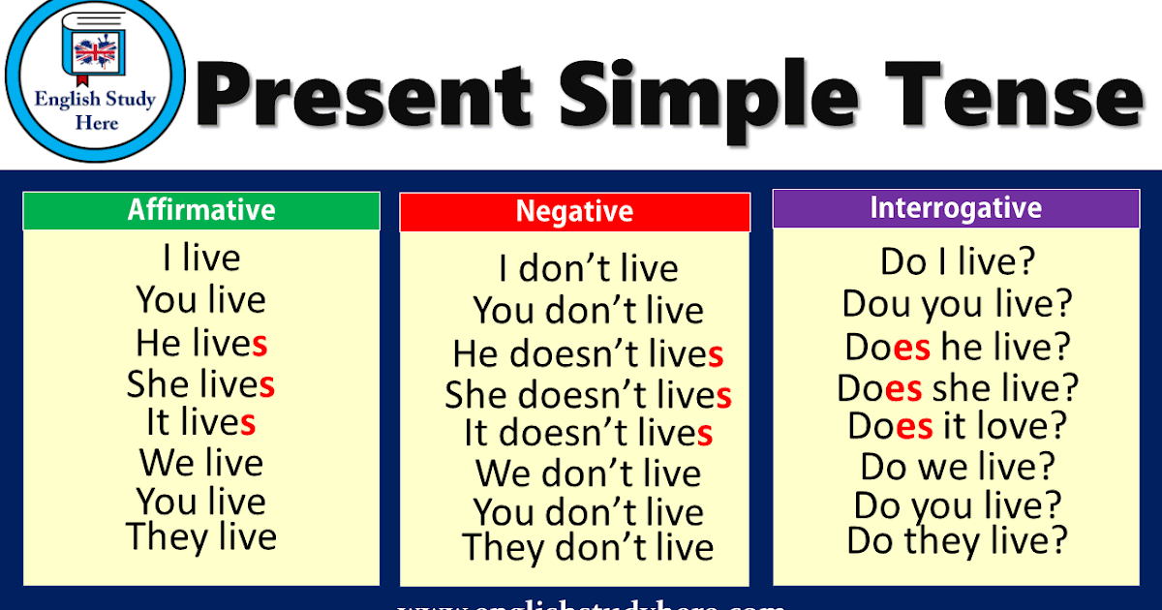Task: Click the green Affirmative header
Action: point(201,210)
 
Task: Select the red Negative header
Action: point(574,212)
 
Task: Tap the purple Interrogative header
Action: point(956,208)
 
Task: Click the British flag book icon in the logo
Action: point(95,54)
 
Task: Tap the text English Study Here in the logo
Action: point(95,110)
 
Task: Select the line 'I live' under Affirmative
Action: point(201,259)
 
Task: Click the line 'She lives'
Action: point(201,385)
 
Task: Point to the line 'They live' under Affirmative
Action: point(201,537)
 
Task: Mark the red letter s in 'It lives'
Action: point(248,423)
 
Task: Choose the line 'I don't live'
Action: point(588,269)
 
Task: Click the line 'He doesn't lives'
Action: point(588,354)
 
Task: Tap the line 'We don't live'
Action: point(588,474)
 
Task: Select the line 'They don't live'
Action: point(588,548)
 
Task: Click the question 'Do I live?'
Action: point(958,261)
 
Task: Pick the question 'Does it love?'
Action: point(958,426)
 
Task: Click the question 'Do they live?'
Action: point(958,540)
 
